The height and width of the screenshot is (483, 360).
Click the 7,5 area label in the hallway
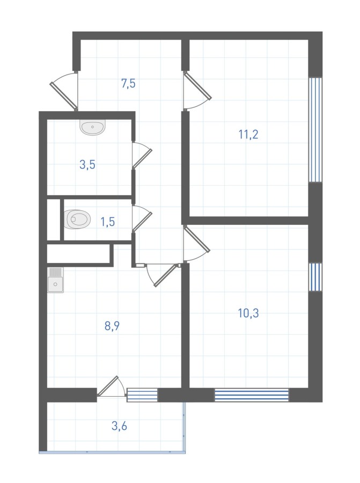pyautogui.click(x=128, y=84)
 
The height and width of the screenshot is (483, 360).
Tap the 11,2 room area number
pyautogui.click(x=248, y=135)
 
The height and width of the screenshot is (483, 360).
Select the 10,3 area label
pyautogui.click(x=248, y=313)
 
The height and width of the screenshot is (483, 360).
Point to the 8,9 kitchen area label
pyautogui.click(x=112, y=326)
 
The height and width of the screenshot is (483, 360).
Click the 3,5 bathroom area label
pyautogui.click(x=87, y=165)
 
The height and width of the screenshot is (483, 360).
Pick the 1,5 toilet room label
pyautogui.click(x=108, y=222)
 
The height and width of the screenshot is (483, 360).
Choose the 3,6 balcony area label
pyautogui.click(x=119, y=426)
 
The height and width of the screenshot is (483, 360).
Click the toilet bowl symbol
pyautogui.click(x=78, y=219)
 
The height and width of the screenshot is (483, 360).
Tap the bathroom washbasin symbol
pyautogui.click(x=93, y=127)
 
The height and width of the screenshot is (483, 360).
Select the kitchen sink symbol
pyautogui.click(x=55, y=280)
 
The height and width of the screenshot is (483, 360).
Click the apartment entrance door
pyautogui.click(x=64, y=91)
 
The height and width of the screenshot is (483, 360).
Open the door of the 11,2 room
pyautogui.click(x=197, y=90)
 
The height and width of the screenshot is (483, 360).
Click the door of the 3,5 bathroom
pyautogui.click(x=142, y=155)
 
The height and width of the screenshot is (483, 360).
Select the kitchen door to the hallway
pyautogui.click(x=163, y=275)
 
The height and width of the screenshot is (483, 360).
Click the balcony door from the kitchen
pyautogui.click(x=111, y=386)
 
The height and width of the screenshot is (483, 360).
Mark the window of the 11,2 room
pyautogui.click(x=315, y=130)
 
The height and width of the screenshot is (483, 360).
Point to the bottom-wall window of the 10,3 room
pyautogui.click(x=252, y=395)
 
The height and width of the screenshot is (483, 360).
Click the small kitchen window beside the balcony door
pyautogui.click(x=142, y=395)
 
